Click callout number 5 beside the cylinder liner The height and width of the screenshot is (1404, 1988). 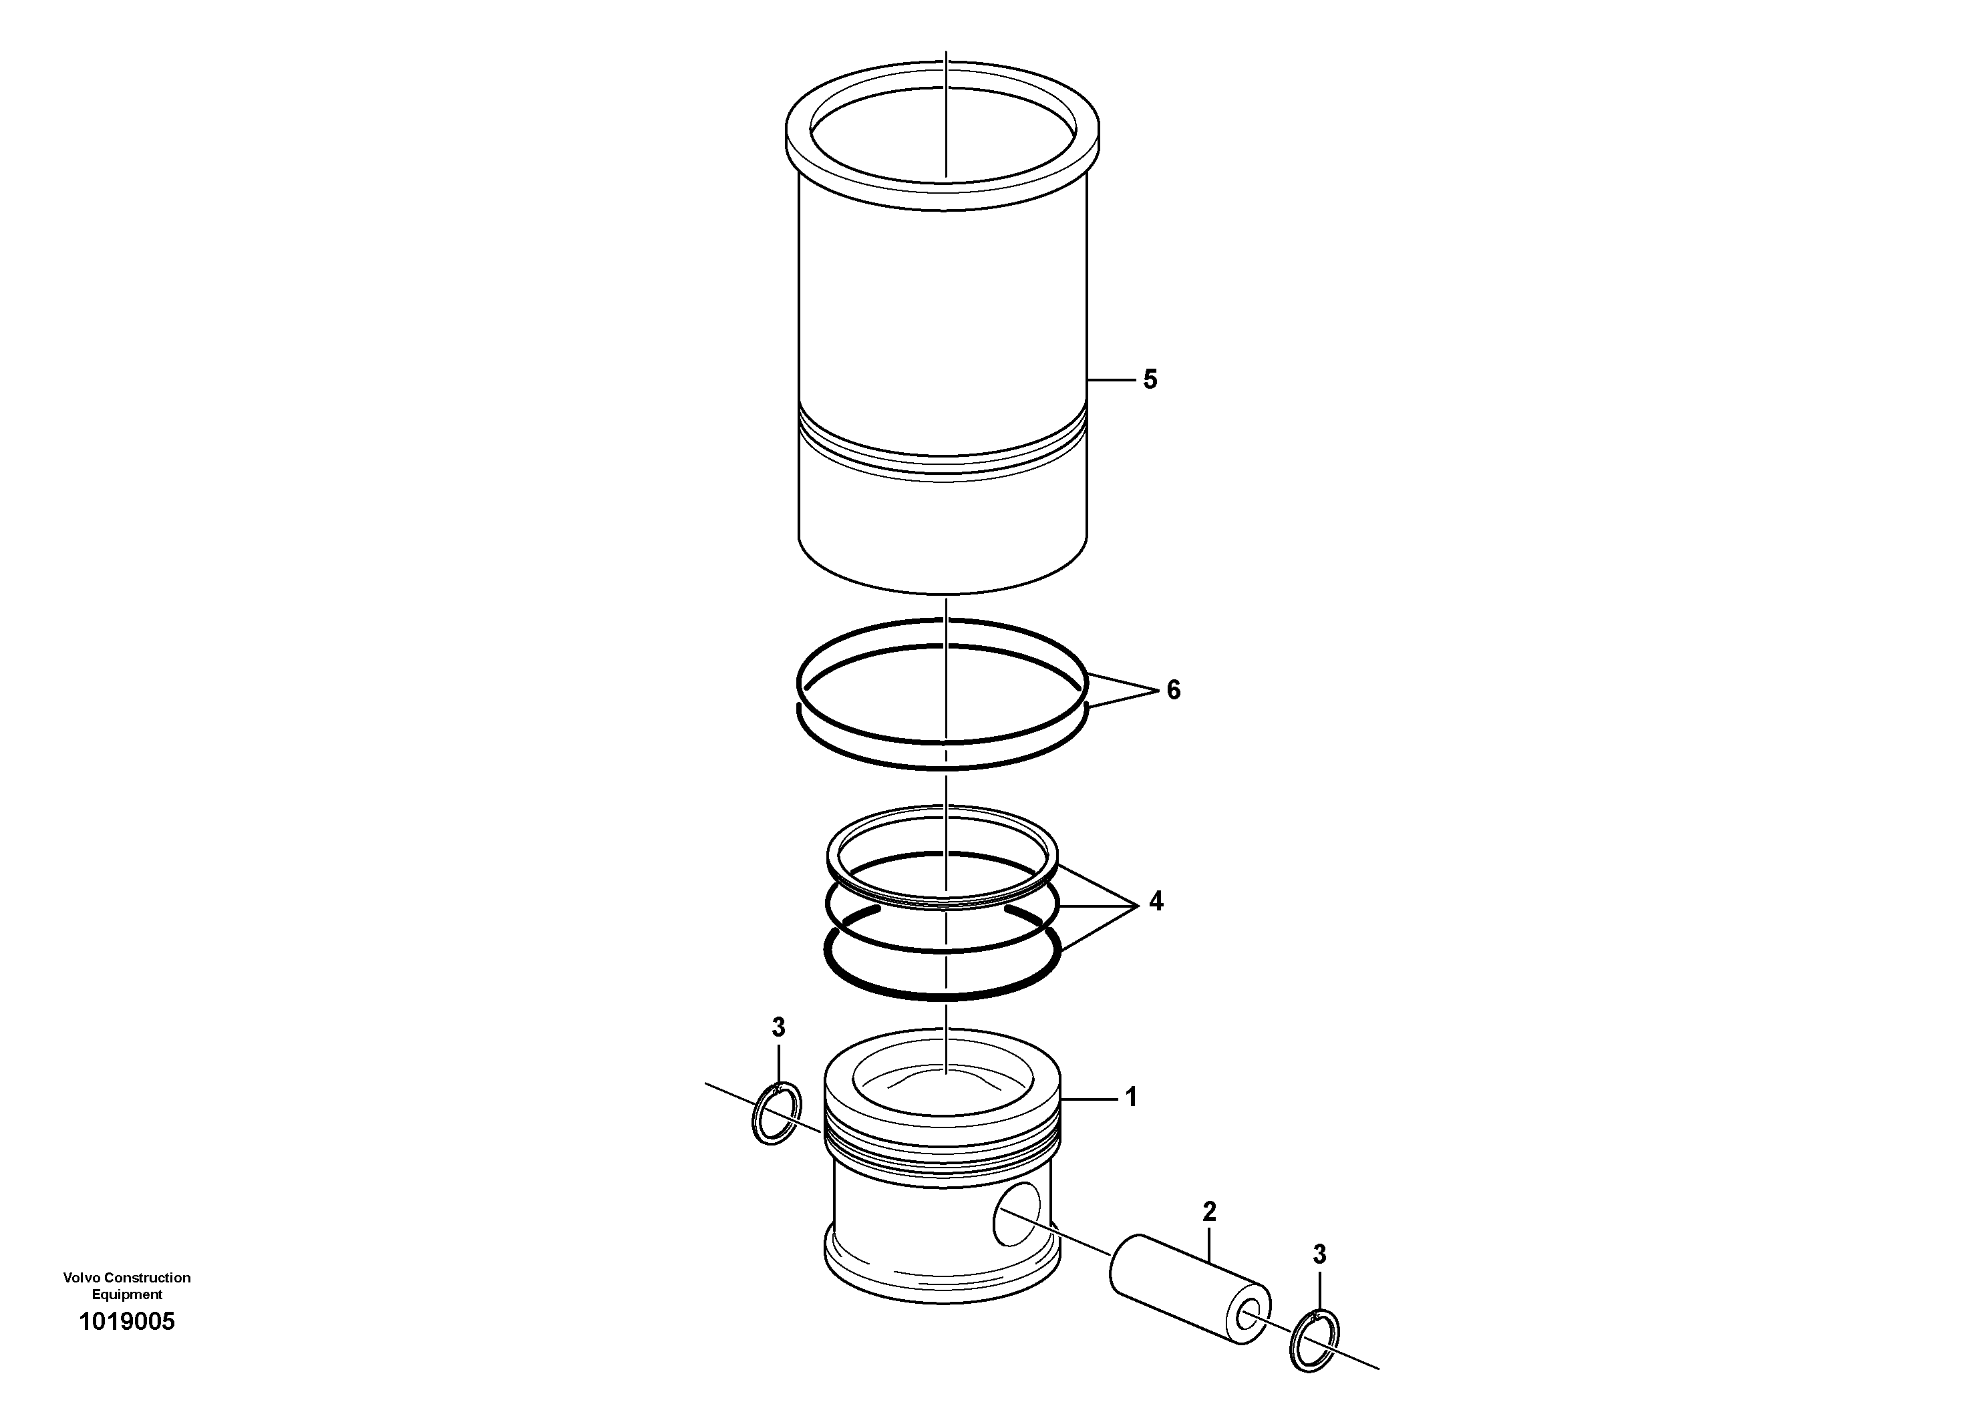click(1150, 379)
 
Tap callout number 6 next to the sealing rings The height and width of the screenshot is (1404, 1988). click(1173, 690)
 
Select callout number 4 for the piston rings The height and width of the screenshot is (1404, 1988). click(1156, 902)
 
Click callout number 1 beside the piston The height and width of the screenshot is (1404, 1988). click(1131, 1097)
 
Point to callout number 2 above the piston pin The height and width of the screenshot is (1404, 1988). click(1210, 1212)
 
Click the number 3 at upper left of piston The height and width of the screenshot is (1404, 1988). click(778, 1027)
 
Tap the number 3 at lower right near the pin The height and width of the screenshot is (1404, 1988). click(1319, 1254)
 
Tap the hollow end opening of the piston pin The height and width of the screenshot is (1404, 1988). click(1249, 1319)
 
